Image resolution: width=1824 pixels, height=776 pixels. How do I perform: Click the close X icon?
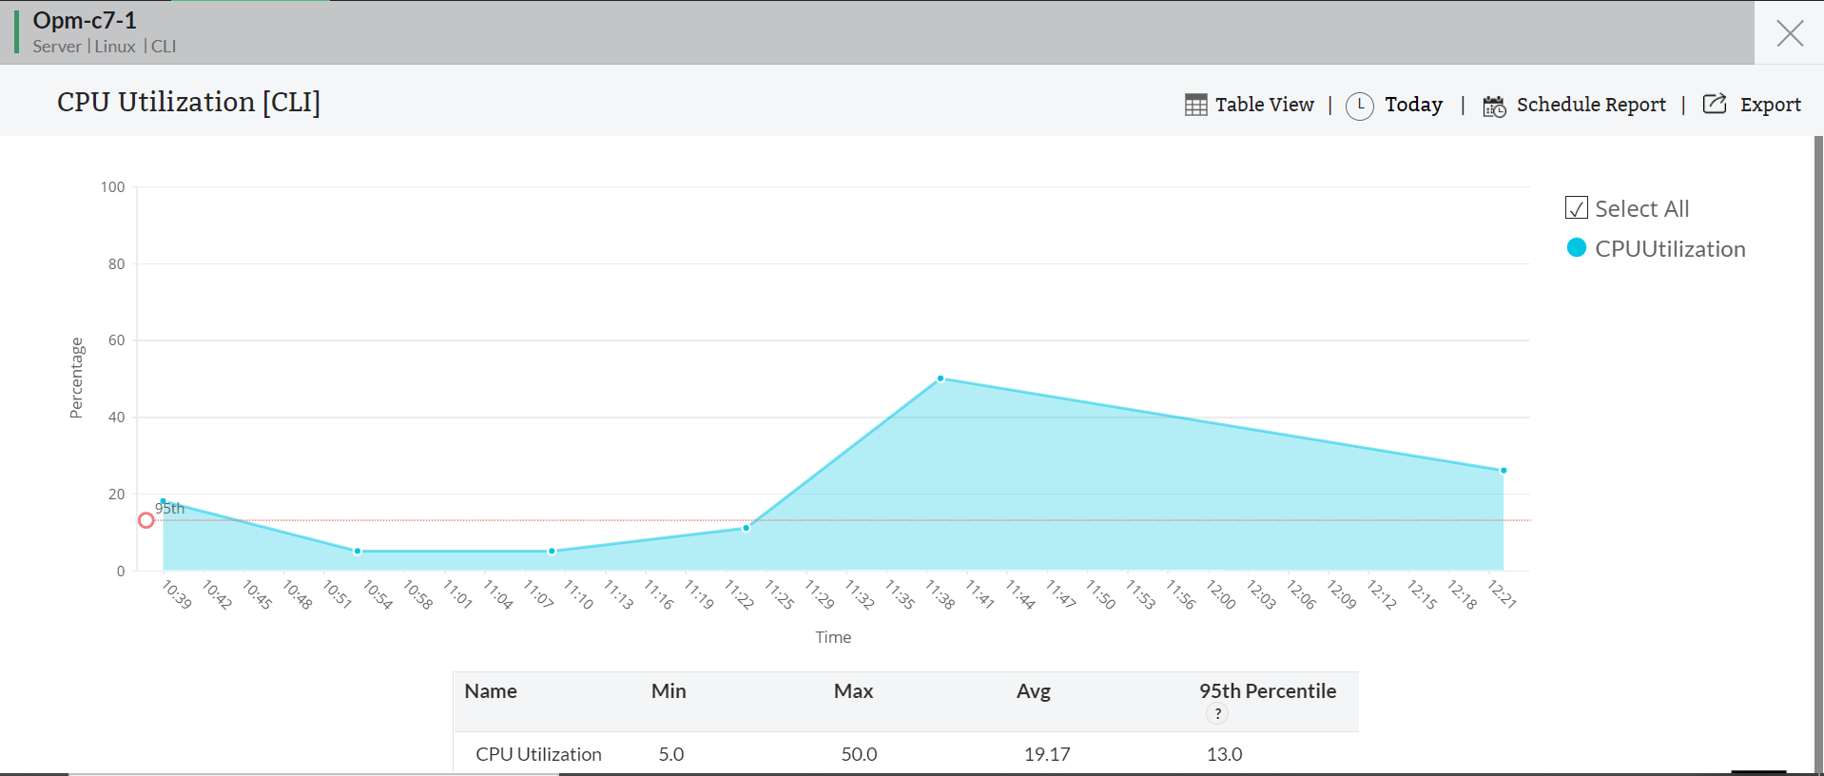point(1790,33)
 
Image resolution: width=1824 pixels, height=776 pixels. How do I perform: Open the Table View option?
point(1250,105)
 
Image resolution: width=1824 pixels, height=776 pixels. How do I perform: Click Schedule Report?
point(1575,105)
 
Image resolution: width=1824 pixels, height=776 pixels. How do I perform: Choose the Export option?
point(1752,105)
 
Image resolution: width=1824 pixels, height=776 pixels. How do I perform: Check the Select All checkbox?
point(1577,208)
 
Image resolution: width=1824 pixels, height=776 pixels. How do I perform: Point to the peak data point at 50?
point(941,378)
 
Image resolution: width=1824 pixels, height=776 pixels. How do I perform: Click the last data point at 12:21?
point(1504,471)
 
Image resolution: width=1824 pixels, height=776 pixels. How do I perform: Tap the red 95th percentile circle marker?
point(146,520)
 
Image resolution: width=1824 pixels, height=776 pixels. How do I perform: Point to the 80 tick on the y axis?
point(116,264)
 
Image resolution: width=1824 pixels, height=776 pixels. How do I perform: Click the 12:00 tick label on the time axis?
point(1221,594)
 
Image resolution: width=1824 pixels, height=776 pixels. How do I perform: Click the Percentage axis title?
point(77,378)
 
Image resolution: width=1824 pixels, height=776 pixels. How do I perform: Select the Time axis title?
point(833,637)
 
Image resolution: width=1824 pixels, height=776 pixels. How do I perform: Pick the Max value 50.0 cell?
point(859,754)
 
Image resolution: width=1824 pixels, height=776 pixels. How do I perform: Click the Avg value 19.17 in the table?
point(1047,754)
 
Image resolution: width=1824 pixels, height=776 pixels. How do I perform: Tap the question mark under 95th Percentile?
point(1217,714)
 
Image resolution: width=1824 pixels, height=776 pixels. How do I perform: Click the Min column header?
point(669,691)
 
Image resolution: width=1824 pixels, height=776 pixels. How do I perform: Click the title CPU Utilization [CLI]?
point(188,102)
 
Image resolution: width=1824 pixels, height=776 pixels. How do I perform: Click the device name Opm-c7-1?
point(85,20)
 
